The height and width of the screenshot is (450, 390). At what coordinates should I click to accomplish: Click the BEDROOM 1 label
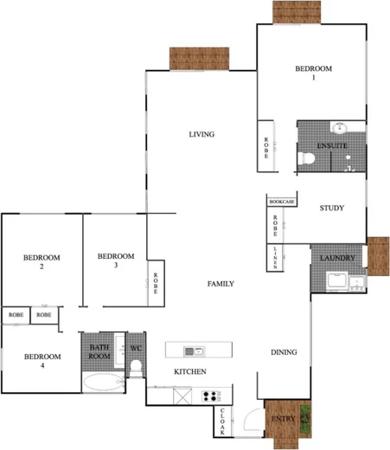coord(312,73)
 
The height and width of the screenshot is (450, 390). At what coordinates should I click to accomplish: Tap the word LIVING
coord(201,134)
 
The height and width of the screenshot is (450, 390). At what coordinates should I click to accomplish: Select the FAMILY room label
coord(221,284)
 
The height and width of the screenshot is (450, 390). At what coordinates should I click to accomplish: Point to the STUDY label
coord(331,209)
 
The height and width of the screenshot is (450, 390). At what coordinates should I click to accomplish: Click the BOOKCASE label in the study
coord(282,202)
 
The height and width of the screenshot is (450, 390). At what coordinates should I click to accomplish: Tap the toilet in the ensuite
coord(305,158)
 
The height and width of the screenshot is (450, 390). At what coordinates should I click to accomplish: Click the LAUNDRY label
coord(333,259)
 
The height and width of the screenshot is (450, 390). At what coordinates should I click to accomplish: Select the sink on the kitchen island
coord(198,350)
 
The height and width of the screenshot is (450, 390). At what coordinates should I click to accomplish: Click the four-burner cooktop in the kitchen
coord(211,396)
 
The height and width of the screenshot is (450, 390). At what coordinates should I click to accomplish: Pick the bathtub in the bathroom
coord(103,382)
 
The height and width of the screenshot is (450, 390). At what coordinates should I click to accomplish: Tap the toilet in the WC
coord(136,367)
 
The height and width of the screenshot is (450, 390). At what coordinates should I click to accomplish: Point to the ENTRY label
coord(283,420)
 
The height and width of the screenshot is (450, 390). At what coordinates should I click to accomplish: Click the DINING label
coord(284,352)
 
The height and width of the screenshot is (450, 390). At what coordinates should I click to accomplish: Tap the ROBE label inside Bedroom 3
coord(156,285)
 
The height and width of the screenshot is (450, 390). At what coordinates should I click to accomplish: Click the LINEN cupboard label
coord(275,257)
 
